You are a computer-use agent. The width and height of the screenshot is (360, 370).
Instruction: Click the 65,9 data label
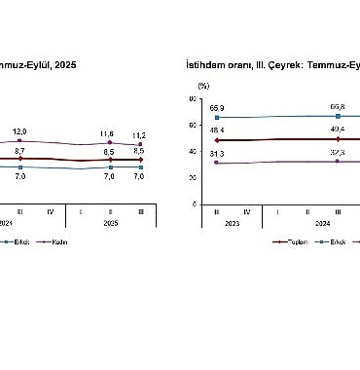coord(216,107)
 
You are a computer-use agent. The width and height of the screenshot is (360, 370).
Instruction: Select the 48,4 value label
coord(216,129)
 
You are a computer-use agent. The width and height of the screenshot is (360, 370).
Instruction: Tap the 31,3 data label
coord(216,153)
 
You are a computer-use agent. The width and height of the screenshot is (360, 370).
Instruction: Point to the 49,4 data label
coord(338,129)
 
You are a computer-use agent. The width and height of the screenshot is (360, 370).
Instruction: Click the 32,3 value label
coord(338,152)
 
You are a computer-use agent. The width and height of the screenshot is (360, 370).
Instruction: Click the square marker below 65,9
coord(216,117)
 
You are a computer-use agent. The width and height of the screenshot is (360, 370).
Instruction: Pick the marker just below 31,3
coord(216,163)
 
